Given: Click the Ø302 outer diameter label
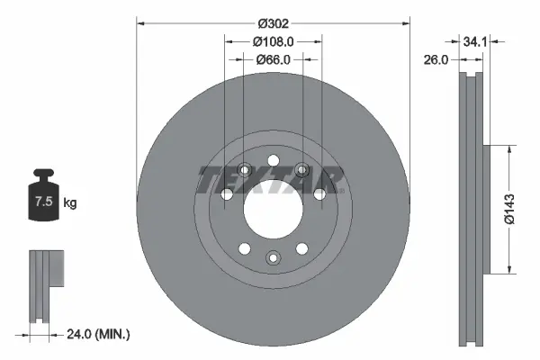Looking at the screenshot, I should [273, 24].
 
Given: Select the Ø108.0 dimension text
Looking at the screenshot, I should [274, 41].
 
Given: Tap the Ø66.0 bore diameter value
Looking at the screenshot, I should [274, 59].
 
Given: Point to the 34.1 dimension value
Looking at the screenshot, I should [477, 41].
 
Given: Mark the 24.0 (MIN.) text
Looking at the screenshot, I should [99, 334].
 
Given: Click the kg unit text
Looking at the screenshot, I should [70, 203].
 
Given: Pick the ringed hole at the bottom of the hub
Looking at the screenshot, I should [273, 258].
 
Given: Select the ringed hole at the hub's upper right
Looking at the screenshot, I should [302, 168].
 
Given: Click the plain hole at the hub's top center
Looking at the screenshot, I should [273, 158].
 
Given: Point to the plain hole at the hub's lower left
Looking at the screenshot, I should [243, 247].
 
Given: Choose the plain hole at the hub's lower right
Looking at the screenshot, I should [302, 247].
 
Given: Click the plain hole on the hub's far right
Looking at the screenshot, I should [320, 193].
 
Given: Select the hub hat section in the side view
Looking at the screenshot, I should [488, 208].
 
